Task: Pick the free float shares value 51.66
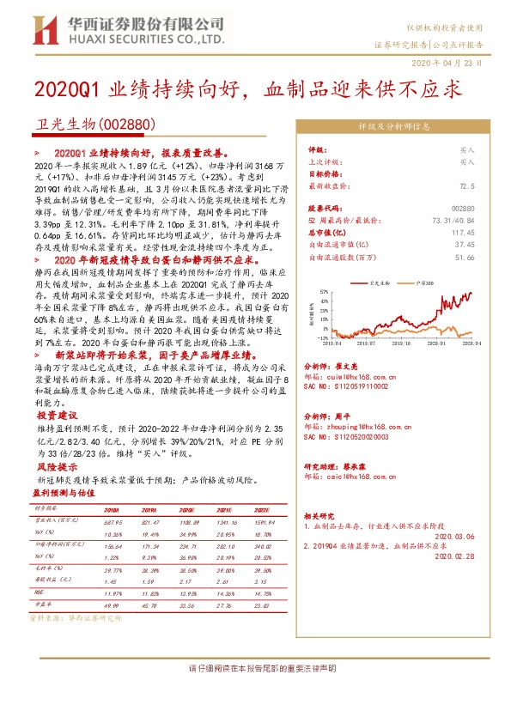pos(463,256)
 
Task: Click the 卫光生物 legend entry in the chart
pos(379,280)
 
